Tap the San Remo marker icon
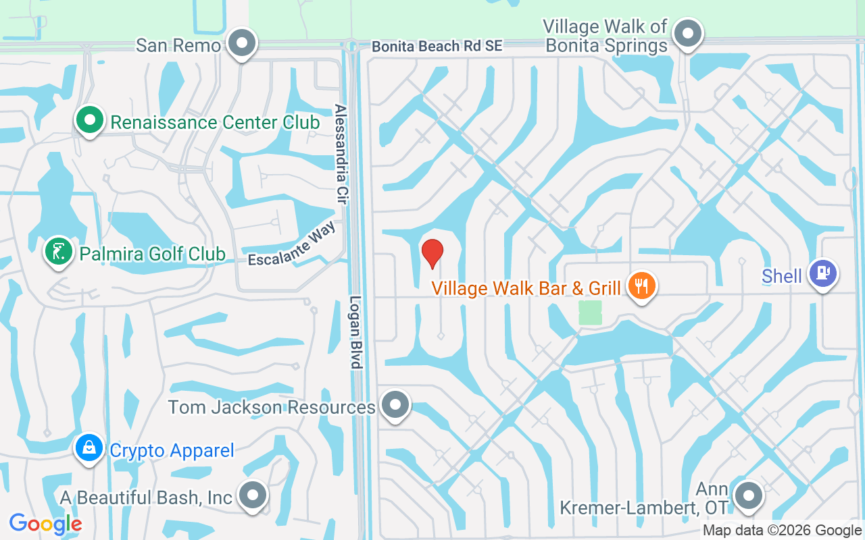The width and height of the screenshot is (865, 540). (241, 44)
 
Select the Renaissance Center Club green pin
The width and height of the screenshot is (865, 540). (89, 122)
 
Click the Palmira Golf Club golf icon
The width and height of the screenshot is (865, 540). (58, 252)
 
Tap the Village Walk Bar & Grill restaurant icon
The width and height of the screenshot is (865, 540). (640, 286)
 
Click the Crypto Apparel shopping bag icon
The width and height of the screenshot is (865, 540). (89, 448)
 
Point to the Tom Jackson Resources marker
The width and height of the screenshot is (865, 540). (395, 405)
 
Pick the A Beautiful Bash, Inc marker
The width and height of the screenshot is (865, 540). (253, 495)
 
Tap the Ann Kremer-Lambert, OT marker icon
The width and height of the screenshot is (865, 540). (748, 496)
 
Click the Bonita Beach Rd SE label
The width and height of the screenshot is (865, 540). (437, 47)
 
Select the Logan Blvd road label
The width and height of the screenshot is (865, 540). (356, 332)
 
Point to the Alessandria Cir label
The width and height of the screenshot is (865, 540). (341, 151)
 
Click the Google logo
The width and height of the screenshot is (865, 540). (45, 523)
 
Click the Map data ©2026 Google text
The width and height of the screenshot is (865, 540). (782, 531)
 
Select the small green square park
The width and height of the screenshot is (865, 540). (590, 313)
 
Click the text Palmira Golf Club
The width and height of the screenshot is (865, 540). (152, 254)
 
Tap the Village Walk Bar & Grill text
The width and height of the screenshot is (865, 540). (526, 289)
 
